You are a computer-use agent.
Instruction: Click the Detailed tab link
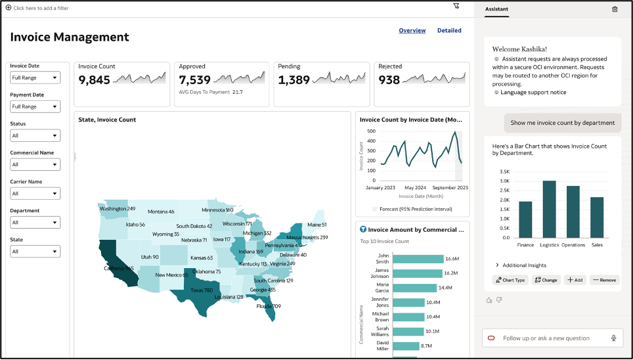coord(449,30)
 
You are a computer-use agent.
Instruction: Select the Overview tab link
coord(412,30)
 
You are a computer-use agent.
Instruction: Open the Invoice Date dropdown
coord(35,78)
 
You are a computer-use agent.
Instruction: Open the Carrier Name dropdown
coord(35,193)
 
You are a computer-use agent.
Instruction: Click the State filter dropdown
coord(35,251)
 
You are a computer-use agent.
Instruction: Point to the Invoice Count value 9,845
coord(95,80)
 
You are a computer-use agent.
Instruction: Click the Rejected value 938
coord(389,80)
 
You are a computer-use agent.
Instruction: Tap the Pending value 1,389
coord(294,80)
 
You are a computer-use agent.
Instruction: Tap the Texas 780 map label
coord(202,290)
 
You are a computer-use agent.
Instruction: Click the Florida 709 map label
coord(269,306)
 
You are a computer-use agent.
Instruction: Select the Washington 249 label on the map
coord(118,209)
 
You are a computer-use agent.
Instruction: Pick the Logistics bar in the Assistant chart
coord(549,209)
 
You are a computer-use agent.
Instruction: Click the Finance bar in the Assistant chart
coord(525,219)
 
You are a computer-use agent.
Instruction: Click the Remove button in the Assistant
coord(604,280)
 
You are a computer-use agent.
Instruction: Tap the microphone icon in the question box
coord(613,338)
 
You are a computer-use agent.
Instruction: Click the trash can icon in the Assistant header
coord(615,9)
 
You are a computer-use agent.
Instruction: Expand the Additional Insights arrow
coord(497,265)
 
